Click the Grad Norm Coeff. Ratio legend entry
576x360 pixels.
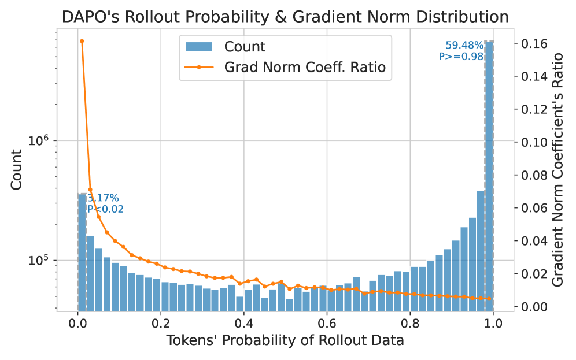pos(304,67)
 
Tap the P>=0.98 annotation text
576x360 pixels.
pos(461,56)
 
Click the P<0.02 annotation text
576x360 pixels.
pos(105,209)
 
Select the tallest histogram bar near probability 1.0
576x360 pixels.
pos(489,173)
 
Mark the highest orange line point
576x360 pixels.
pos(82,41)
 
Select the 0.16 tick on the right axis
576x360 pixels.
pos(534,43)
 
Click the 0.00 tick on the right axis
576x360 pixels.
pos(534,306)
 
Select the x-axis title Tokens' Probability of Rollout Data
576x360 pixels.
pos(285,341)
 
